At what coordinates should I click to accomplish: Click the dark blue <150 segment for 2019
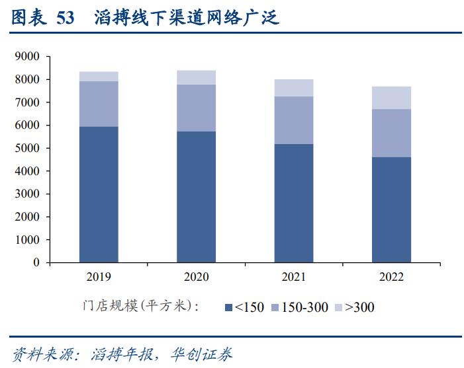99,194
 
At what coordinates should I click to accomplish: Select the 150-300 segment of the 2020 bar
196,108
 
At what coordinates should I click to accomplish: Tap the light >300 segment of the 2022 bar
391,98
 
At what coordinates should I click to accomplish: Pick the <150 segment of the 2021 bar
294,203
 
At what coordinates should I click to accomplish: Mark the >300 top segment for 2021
294,88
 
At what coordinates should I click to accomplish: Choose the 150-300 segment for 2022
391,133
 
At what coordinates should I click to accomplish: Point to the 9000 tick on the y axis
28,57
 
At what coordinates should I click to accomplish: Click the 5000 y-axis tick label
28,148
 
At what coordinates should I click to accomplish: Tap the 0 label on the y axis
37,262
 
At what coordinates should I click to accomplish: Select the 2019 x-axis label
99,277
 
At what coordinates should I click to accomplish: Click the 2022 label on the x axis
391,277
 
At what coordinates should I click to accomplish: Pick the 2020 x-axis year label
196,277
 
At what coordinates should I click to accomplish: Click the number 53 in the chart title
65,18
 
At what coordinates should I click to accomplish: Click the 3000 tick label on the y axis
28,194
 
